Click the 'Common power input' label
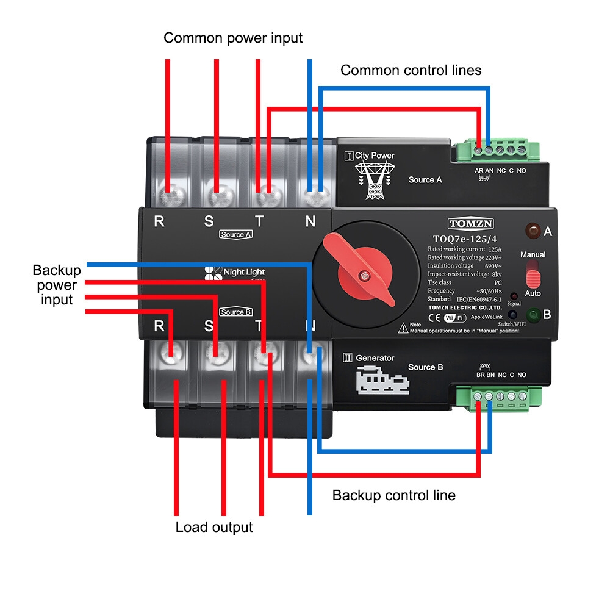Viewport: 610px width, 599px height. tap(233, 38)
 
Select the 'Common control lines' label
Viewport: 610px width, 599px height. tap(411, 70)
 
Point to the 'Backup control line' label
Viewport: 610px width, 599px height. tap(393, 495)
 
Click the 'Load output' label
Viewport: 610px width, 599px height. tap(213, 526)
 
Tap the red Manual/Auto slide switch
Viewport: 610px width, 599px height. tap(533, 274)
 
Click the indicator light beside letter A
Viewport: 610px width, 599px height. tap(533, 231)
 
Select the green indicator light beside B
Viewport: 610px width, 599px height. tap(532, 315)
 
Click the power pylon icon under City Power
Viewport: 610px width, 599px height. tap(373, 181)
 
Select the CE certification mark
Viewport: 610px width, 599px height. tap(435, 317)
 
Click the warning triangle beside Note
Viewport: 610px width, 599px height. tap(403, 328)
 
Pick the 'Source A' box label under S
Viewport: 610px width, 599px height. tap(236, 234)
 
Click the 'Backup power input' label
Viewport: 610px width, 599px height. tap(57, 285)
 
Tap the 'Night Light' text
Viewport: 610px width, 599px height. tap(244, 272)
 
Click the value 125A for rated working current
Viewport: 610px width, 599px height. tap(495, 249)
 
